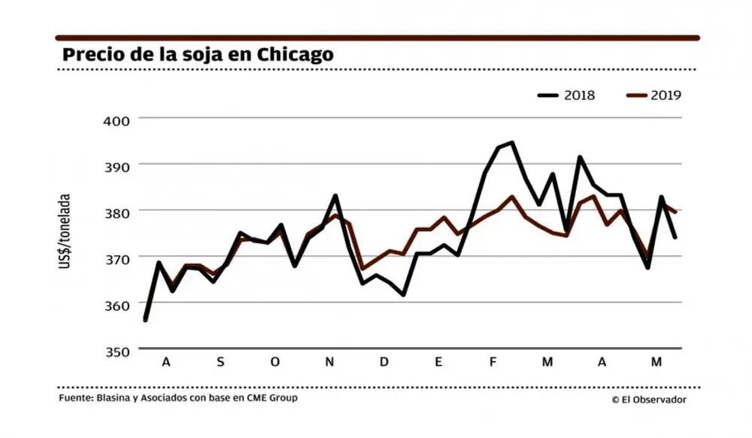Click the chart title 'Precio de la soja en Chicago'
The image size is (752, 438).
pyautogui.click(x=198, y=55)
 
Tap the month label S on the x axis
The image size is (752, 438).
pyautogui.click(x=220, y=363)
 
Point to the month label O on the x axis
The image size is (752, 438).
pyautogui.click(x=274, y=363)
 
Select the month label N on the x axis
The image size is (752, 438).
pyautogui.click(x=329, y=363)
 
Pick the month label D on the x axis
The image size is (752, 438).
pyautogui.click(x=384, y=363)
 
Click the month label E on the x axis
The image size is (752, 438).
pyautogui.click(x=438, y=363)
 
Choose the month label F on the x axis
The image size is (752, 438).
pyautogui.click(x=493, y=363)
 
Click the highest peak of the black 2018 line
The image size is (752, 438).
pyautogui.click(x=512, y=142)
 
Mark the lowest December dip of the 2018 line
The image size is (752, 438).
pyautogui.click(x=403, y=294)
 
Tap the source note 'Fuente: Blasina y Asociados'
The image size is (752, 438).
pyautogui.click(x=177, y=397)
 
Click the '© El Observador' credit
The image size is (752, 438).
pyautogui.click(x=649, y=400)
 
